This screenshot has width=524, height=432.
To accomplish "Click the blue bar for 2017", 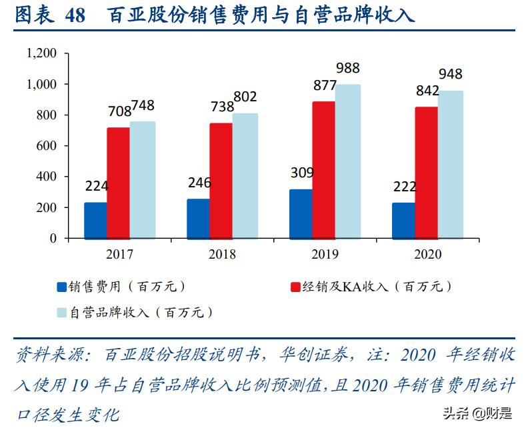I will pos(95,220).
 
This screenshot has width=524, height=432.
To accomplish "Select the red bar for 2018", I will pos(221,181).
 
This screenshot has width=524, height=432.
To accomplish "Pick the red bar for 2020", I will pos(426,172).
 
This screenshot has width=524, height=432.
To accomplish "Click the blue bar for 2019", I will pos(301,213).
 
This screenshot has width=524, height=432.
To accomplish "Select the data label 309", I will pos(303,173).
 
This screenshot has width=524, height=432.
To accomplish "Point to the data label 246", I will pos(198,183).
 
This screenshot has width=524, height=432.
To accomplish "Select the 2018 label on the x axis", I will pos(222,255).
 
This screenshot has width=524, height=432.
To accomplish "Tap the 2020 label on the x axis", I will pos(427,255).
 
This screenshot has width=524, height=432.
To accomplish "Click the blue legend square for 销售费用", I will pos(62,287).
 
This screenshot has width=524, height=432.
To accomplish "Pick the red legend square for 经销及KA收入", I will pos(295,287).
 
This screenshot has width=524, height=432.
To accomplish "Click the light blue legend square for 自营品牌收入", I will pos(62,312).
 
